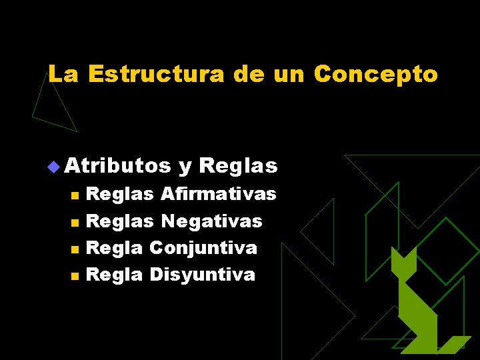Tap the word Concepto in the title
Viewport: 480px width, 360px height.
click(x=375, y=74)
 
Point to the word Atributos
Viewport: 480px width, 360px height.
click(x=117, y=164)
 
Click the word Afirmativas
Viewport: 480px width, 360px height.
click(x=219, y=194)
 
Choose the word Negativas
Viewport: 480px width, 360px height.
click(x=212, y=221)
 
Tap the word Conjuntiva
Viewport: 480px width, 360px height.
click(x=203, y=248)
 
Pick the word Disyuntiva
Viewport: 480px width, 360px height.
click(x=202, y=274)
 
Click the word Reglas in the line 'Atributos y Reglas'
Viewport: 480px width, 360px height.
click(x=238, y=164)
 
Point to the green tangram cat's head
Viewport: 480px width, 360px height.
click(x=404, y=263)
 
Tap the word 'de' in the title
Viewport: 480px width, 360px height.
click(x=249, y=74)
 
